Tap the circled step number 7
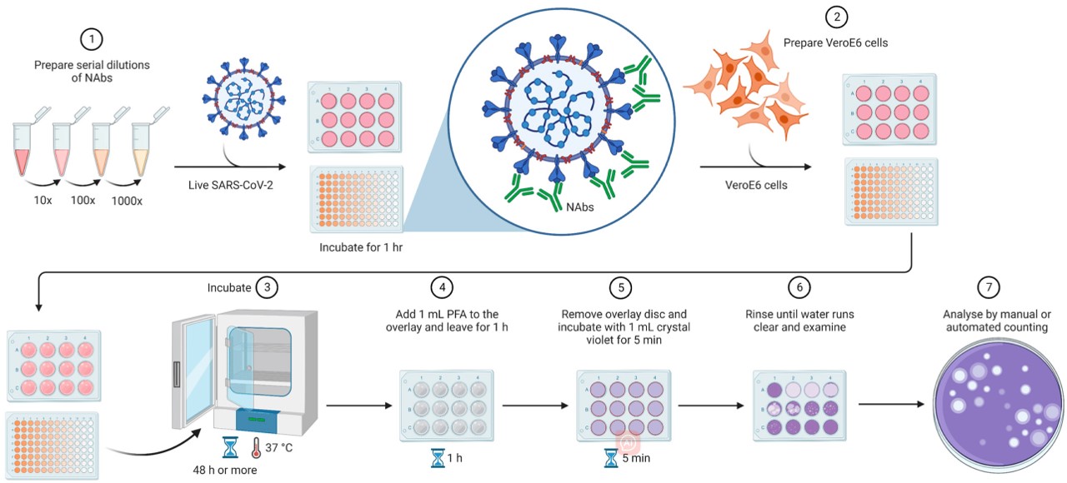(x=989, y=286)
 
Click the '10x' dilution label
(x=42, y=201)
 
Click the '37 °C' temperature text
(x=278, y=448)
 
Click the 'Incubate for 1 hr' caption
(x=356, y=247)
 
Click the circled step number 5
(x=620, y=287)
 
